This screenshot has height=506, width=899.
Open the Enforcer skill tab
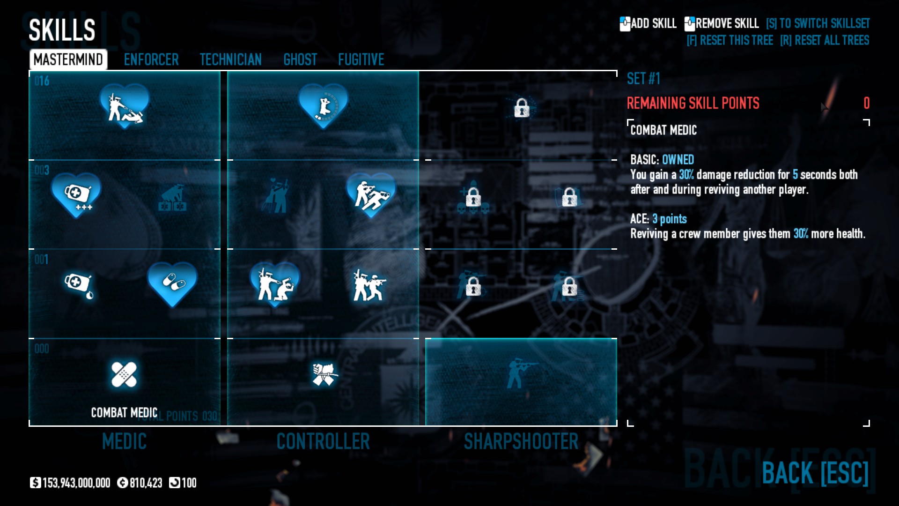click(x=151, y=60)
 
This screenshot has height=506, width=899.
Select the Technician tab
click(x=230, y=60)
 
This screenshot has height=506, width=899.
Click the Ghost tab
click(x=300, y=60)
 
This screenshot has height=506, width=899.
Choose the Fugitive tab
click(x=361, y=60)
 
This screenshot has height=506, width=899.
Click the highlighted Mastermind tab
click(x=68, y=60)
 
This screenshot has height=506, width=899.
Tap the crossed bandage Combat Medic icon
click(x=124, y=375)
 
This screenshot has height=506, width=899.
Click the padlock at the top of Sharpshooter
click(x=521, y=108)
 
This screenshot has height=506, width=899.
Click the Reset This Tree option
click(x=730, y=41)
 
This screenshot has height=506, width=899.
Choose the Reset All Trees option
click(x=825, y=41)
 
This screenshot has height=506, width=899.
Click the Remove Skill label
click(x=726, y=23)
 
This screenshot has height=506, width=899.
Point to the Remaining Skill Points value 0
click(x=866, y=103)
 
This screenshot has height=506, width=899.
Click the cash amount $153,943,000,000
click(x=76, y=483)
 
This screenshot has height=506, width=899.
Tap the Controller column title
click(x=323, y=441)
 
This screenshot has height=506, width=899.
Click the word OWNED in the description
click(x=678, y=160)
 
